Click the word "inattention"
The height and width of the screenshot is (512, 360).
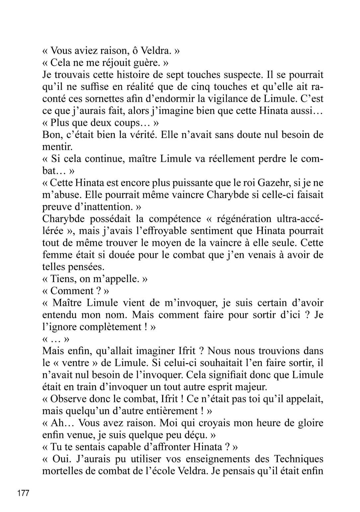point(110,207)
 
